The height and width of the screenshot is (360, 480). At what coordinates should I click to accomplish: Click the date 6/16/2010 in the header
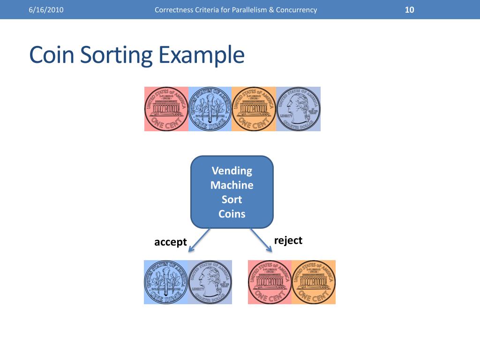[45, 10]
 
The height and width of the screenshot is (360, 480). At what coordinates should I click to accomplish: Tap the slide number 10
[409, 10]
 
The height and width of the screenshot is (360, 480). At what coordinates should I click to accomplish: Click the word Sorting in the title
[116, 55]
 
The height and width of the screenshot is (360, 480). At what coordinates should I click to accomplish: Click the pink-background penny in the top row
[166, 109]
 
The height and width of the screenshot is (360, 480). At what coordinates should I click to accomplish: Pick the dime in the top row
[210, 109]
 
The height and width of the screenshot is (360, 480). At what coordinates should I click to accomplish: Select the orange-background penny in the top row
[254, 109]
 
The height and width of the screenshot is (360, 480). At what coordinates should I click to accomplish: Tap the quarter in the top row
[298, 109]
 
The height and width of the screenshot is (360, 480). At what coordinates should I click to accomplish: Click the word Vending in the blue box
[232, 171]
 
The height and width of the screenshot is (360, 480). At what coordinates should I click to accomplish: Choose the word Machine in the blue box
[232, 185]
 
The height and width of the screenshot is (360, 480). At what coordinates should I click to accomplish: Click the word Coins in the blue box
[232, 214]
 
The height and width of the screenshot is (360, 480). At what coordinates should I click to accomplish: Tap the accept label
[171, 242]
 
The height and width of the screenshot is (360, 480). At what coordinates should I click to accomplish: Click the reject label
[288, 240]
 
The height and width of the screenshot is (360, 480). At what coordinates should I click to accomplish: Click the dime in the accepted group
[166, 282]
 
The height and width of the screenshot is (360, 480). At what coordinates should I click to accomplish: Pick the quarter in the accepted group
[210, 282]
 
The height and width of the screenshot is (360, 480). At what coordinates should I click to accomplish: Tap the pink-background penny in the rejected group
[270, 282]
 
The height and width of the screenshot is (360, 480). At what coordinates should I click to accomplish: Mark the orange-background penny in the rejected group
[314, 282]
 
